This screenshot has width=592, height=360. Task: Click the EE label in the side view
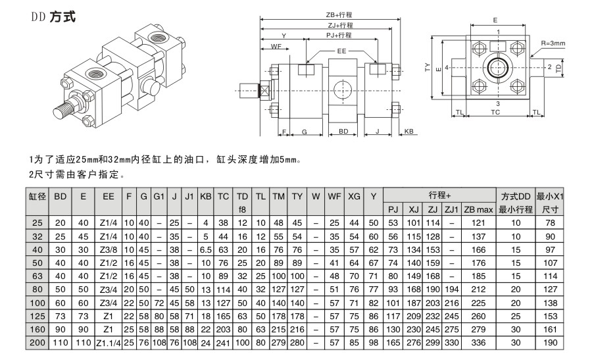coord(341,51)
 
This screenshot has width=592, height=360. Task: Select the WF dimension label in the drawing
coord(276,46)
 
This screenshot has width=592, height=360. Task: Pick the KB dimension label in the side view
coord(408,132)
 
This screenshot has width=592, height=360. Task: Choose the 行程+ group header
coord(439,196)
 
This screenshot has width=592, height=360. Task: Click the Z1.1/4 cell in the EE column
coord(109,343)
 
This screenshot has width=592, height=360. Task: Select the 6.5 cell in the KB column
coord(205,249)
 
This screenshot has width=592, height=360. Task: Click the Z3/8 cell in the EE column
coord(109,249)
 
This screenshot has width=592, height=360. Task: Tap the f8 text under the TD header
coord(241,209)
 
